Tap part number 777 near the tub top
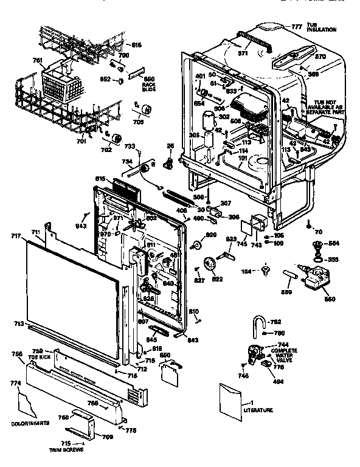(296, 27)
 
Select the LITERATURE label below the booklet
(258, 410)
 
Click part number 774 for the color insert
(16, 384)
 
